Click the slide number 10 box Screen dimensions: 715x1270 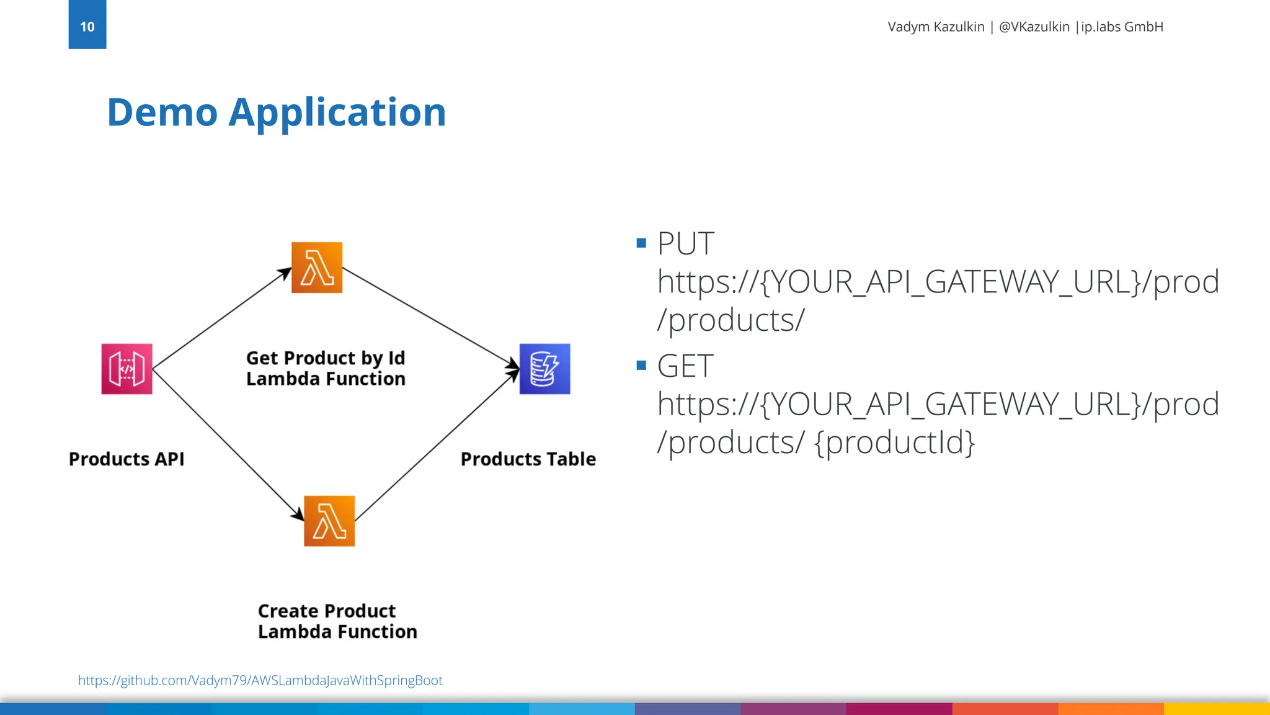87,25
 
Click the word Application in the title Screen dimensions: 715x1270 337,114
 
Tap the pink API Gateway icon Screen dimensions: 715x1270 127,369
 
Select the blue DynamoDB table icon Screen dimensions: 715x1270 544,369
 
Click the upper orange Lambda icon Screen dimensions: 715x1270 317,268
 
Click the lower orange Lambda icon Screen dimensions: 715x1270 329,521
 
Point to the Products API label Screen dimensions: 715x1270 127,459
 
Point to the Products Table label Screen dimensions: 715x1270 528,459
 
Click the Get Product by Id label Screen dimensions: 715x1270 326,358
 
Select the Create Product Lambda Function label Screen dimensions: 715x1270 337,621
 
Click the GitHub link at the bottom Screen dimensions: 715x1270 260,680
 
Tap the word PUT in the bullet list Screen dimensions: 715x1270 685,243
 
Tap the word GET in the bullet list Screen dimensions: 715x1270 685,366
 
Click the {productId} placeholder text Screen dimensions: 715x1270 895,443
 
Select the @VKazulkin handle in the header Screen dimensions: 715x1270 1034,27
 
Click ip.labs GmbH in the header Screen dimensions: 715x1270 1122,27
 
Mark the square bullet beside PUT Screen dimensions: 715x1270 641,243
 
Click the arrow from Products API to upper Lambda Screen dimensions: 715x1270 221,318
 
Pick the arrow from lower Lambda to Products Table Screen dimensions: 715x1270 437,445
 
